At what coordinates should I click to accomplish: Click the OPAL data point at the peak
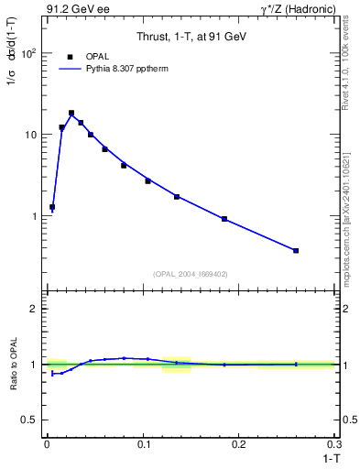pyautogui.click(x=71, y=114)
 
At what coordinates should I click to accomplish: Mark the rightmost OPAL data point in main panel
pyautogui.click(x=296, y=250)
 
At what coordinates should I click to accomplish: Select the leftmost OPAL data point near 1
pyautogui.click(x=52, y=207)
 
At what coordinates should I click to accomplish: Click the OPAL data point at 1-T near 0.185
pyautogui.click(x=224, y=219)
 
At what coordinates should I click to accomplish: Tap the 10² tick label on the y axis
pyautogui.click(x=30, y=53)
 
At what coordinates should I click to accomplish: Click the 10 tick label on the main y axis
pyautogui.click(x=32, y=135)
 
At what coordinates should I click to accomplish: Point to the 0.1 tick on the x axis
pyautogui.click(x=143, y=444)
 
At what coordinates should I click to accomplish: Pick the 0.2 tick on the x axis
pyautogui.click(x=240, y=444)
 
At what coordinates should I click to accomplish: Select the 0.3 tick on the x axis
pyautogui.click(x=335, y=444)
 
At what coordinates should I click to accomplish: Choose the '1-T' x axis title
pyautogui.click(x=327, y=457)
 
